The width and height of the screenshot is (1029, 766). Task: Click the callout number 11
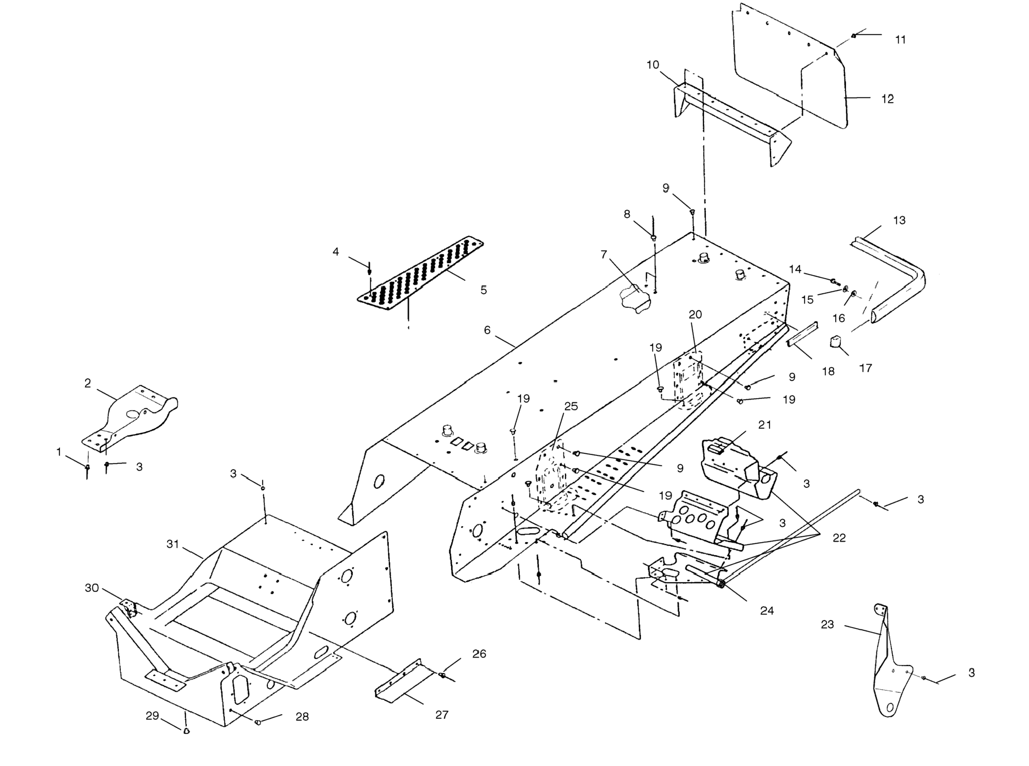(x=900, y=40)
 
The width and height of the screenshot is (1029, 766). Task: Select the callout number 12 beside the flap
(x=887, y=99)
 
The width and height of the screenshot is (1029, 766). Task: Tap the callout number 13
(x=899, y=220)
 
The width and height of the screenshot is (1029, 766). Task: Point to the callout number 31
(x=172, y=544)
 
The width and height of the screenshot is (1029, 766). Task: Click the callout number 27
(x=442, y=714)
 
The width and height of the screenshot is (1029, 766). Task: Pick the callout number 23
(x=827, y=625)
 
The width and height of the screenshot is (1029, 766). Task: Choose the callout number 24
(x=767, y=611)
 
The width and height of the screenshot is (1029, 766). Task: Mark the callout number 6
(x=487, y=330)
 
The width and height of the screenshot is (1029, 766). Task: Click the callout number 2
(x=88, y=383)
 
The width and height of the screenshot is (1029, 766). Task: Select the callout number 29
(x=152, y=716)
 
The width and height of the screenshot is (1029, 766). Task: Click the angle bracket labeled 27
(x=403, y=681)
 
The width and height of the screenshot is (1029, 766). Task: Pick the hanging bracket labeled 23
(x=888, y=672)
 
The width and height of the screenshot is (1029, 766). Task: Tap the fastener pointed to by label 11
(x=853, y=36)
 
